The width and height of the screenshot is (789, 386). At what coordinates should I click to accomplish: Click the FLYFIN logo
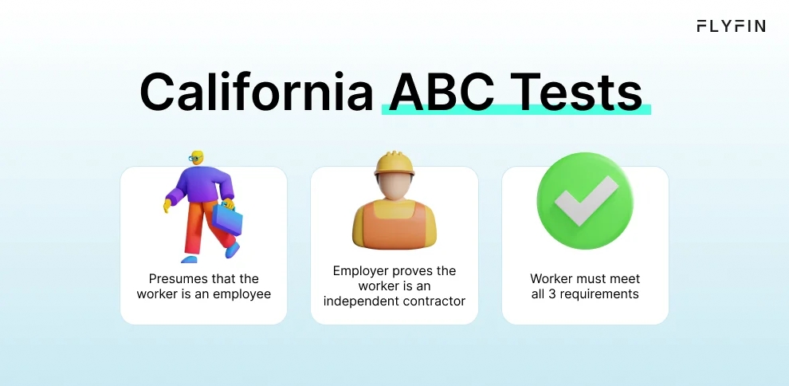coord(731,26)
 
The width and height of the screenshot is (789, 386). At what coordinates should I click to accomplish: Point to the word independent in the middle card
coord(359,301)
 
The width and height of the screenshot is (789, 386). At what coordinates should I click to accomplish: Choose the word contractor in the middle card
coord(434,301)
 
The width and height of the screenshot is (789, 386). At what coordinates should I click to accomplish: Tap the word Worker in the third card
coord(552,279)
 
